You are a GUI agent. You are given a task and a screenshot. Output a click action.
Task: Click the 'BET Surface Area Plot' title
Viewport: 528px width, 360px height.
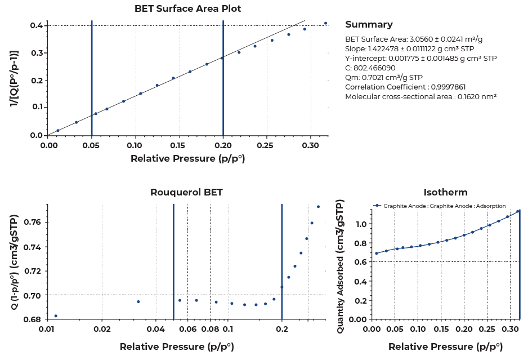[187, 8]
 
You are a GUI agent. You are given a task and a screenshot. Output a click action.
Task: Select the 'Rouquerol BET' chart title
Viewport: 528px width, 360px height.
[186, 192]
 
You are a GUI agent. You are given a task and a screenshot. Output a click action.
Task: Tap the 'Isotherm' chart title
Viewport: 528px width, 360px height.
[445, 192]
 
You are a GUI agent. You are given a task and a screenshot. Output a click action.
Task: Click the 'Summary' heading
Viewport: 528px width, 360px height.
[369, 25]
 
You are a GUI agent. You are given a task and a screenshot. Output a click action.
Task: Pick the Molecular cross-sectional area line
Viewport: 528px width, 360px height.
[420, 96]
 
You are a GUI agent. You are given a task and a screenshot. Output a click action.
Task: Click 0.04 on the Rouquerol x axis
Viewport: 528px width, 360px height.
[156, 328]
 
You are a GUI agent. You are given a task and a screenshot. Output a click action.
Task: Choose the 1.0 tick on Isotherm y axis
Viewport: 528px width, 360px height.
[361, 224]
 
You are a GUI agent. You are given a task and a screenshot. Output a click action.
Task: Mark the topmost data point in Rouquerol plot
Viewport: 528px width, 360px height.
[318, 207]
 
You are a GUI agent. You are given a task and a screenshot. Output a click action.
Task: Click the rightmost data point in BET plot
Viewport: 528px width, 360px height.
[325, 23]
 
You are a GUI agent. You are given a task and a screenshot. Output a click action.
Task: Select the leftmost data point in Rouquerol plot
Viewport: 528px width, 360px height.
[56, 316]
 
